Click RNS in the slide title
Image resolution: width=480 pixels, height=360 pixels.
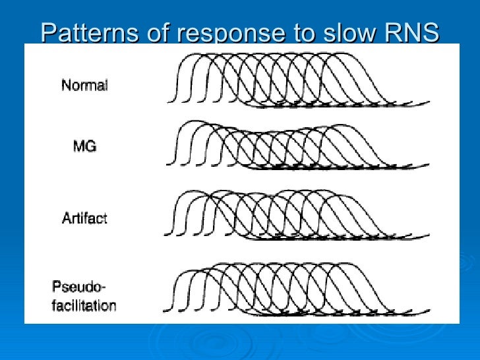pyautogui.click(x=412, y=32)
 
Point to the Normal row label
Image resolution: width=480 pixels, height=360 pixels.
pyautogui.click(x=84, y=86)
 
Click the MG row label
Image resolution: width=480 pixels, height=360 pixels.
pyautogui.click(x=84, y=146)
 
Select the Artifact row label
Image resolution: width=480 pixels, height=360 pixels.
pyautogui.click(x=84, y=218)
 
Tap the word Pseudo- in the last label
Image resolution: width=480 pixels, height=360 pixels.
pyautogui.click(x=79, y=287)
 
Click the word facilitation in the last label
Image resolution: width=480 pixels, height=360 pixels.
pyautogui.click(x=84, y=305)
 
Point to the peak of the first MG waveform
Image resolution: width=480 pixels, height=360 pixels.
pyautogui.click(x=190, y=122)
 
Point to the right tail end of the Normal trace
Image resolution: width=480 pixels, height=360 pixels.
pyautogui.click(x=429, y=102)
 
